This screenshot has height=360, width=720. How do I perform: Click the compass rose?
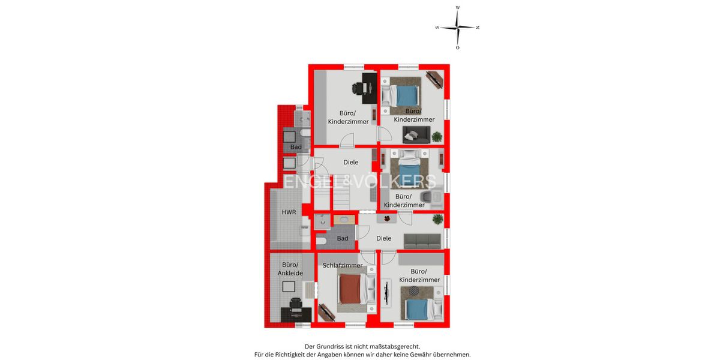[x=457, y=28]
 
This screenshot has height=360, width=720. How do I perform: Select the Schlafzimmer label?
[x=343, y=265]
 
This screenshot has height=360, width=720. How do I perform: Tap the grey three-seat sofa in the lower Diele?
[x=422, y=241]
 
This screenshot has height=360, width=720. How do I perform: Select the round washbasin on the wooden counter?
[x=344, y=220]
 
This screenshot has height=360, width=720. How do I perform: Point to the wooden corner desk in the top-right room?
[x=434, y=80]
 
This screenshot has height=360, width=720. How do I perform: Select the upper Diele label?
[x=350, y=162]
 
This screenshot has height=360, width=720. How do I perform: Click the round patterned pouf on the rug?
[x=413, y=292]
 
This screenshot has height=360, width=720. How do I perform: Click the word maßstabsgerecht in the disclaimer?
[x=390, y=346]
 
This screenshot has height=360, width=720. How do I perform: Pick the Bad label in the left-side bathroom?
[x=296, y=147]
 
